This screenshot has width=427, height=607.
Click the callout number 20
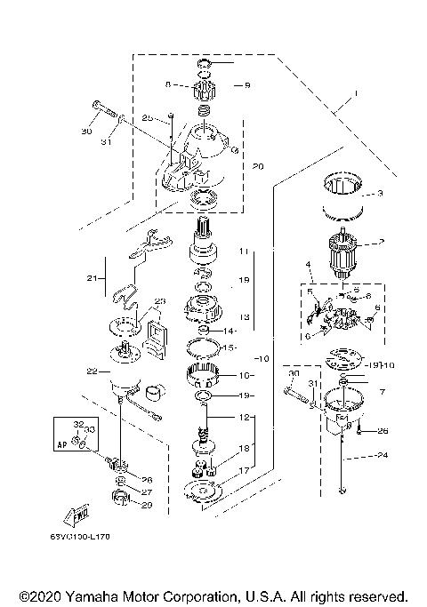coord(259,166)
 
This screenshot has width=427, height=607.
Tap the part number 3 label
coord(379,193)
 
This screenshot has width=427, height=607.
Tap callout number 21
coord(90,278)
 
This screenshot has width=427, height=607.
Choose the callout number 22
coord(92,371)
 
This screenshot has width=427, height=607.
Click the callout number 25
coord(148,117)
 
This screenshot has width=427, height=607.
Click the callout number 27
coord(147,491)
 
